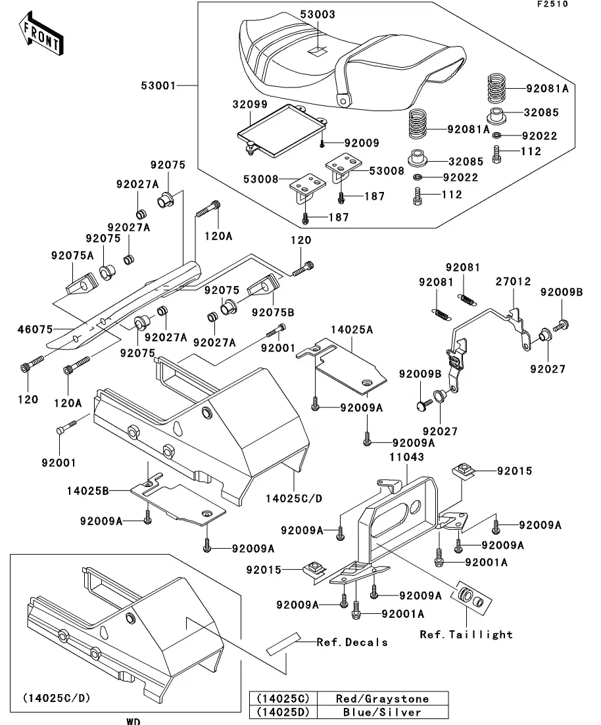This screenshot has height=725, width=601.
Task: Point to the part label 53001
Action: click(x=157, y=85)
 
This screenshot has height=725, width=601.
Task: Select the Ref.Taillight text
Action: click(x=466, y=634)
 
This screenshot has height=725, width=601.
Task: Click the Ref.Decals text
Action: click(x=352, y=642)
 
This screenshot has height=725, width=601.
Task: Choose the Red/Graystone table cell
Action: click(x=381, y=699)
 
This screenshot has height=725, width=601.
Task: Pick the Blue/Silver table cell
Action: click(x=381, y=711)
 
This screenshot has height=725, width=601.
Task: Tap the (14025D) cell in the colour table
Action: click(x=282, y=711)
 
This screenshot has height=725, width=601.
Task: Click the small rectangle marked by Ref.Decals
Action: click(x=281, y=645)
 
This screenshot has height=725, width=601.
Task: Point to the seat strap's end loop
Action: click(x=343, y=100)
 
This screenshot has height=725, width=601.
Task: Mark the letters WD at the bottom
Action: click(x=133, y=721)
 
